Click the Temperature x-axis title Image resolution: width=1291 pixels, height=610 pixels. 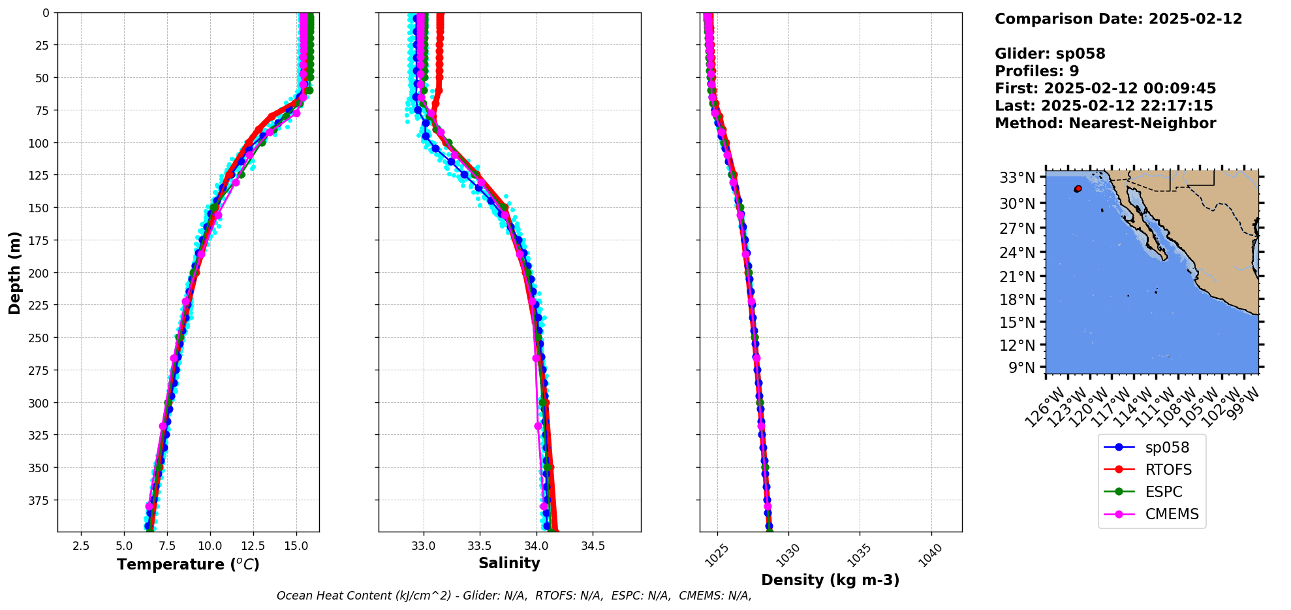coord(188,564)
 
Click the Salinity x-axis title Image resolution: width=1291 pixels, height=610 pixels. coord(509,563)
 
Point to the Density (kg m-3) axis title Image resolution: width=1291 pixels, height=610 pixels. coord(830,580)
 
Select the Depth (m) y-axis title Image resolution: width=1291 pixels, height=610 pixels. coord(14,272)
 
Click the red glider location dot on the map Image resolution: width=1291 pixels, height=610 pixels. coord(1078,189)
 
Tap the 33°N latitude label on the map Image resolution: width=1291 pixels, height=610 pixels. coord(1018,178)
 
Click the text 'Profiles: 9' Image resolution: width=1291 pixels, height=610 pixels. coord(1036,71)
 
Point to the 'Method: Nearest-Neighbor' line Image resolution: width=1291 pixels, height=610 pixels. coord(1105,123)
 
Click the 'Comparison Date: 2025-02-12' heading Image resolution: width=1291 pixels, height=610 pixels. coord(1118,19)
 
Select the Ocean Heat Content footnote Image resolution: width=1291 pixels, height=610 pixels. coord(514,596)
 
